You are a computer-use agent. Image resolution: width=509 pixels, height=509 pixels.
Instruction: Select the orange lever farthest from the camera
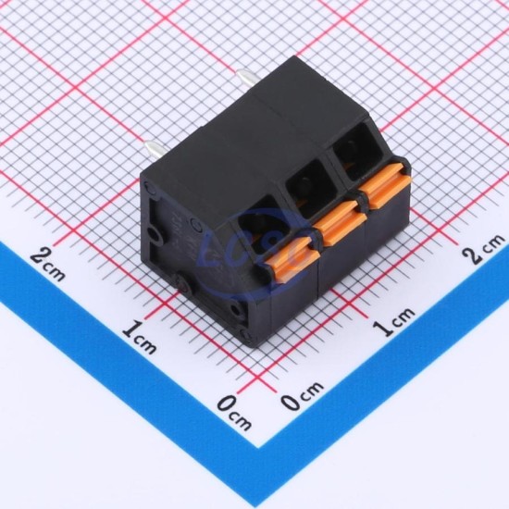pos(385,185)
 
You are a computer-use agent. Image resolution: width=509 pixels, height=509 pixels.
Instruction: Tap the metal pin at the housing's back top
pos(248,80)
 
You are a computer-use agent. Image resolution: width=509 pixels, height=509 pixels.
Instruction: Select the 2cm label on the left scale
pos(48,264)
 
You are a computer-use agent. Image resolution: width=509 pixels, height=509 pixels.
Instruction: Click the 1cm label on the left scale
pos(139,337)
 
